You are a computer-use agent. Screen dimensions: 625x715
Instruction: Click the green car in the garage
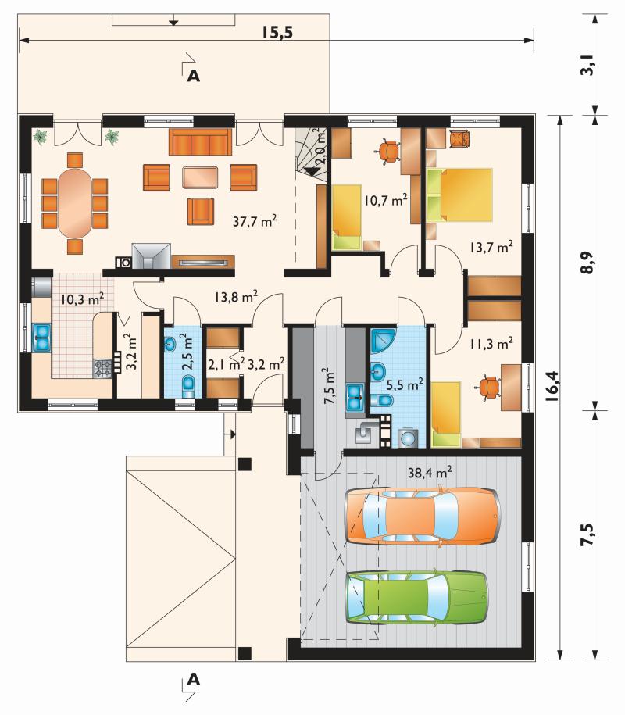(x=417, y=597)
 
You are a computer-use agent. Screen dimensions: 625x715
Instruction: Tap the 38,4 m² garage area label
(x=430, y=472)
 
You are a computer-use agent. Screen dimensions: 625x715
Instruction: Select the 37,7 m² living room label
(x=255, y=221)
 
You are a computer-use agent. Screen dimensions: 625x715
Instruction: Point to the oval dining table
(x=75, y=203)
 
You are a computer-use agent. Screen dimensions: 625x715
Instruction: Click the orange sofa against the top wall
(x=201, y=142)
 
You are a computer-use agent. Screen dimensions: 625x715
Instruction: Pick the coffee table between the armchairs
(x=200, y=177)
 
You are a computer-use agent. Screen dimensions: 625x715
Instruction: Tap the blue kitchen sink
(x=42, y=338)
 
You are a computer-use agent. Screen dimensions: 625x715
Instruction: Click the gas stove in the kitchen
(x=102, y=369)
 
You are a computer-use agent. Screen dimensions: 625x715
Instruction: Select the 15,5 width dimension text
(x=277, y=32)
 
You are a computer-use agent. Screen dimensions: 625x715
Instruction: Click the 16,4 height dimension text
(x=552, y=386)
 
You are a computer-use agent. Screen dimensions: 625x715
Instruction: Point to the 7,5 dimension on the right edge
(x=587, y=534)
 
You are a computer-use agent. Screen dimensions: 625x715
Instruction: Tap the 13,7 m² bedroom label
(x=491, y=247)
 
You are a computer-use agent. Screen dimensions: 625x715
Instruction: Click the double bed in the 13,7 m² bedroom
(x=460, y=195)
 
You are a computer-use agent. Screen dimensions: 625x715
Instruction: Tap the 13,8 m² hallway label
(x=236, y=297)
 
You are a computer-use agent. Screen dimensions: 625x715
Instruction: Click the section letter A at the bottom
(x=194, y=679)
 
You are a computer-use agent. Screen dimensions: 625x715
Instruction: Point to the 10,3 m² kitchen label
(x=83, y=299)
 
